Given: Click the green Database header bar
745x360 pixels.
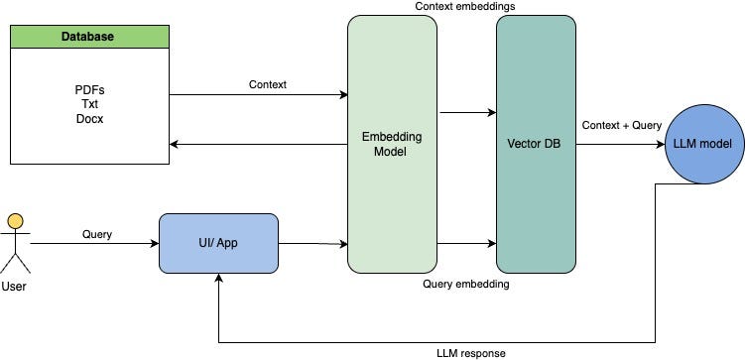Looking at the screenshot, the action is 90,37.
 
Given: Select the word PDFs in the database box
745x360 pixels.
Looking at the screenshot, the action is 90,90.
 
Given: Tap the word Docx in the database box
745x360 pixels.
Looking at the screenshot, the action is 90,119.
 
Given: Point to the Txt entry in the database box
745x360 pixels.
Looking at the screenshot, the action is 90,104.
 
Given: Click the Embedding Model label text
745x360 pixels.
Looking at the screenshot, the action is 392,145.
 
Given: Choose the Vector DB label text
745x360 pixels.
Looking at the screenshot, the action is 534,144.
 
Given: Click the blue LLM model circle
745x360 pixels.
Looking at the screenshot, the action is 704,144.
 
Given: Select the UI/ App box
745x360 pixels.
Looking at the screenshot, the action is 218,243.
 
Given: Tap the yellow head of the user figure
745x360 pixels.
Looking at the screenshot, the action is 16,221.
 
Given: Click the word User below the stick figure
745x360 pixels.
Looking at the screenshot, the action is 14,287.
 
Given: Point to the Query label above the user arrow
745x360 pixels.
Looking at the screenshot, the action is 97,234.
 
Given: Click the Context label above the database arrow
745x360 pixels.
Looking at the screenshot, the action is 268,84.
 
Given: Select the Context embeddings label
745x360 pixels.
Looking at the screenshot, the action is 465,7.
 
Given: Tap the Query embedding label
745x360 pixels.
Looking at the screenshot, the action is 466,284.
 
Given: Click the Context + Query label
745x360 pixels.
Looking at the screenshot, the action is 621,125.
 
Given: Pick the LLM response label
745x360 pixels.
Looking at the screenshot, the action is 471,353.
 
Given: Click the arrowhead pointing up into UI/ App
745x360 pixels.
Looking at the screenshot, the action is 218,278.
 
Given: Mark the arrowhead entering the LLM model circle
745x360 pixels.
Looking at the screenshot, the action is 661,144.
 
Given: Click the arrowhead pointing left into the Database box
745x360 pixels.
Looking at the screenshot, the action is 174,144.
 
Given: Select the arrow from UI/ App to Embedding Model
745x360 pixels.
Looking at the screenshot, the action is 313,244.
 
